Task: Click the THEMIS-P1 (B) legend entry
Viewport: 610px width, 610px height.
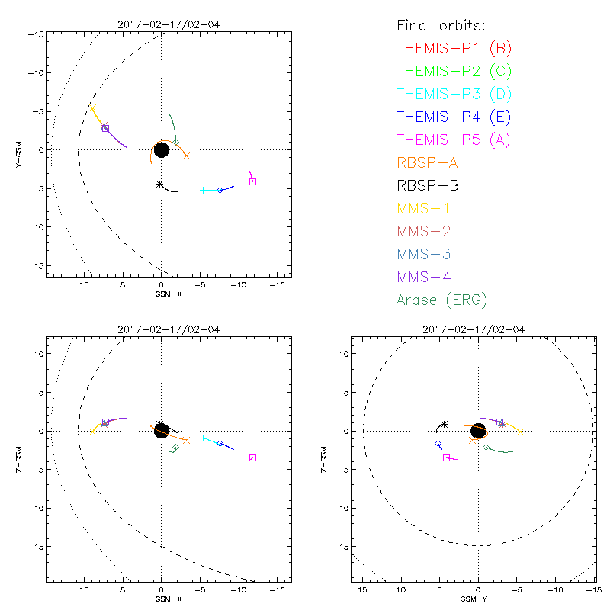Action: click(x=454, y=49)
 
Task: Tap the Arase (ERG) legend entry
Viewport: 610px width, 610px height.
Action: click(x=441, y=300)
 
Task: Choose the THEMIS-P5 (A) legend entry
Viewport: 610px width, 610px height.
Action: click(x=454, y=140)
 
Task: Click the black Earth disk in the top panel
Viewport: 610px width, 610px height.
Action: click(x=161, y=150)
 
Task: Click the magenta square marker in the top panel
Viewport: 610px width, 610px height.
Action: click(x=252, y=181)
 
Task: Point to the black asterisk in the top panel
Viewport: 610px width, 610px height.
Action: click(x=159, y=184)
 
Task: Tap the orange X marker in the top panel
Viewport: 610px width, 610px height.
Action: click(x=186, y=156)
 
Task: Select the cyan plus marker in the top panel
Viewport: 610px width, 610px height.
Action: click(x=203, y=190)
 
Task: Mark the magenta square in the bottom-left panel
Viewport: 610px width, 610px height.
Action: click(x=252, y=457)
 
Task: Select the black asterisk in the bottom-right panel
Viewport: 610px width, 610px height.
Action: click(x=444, y=424)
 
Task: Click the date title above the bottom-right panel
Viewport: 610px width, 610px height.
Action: click(x=477, y=329)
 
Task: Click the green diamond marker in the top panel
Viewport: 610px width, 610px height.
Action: click(x=176, y=142)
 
